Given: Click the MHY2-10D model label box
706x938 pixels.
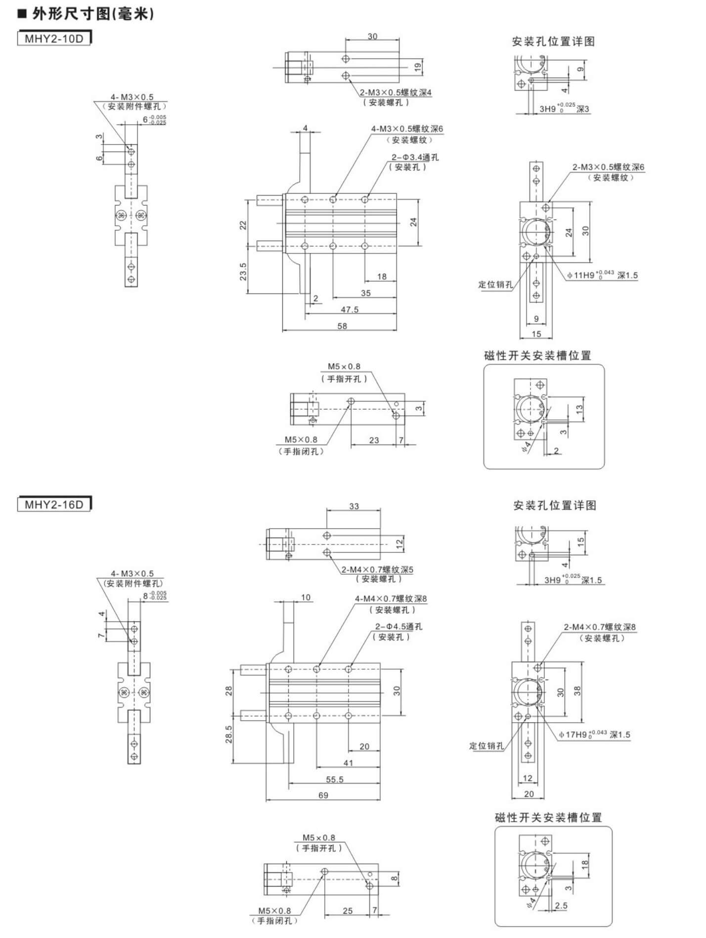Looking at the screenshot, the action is [54, 38].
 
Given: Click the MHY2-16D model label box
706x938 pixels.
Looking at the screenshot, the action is [54, 504].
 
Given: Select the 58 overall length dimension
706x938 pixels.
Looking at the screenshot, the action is [342, 326].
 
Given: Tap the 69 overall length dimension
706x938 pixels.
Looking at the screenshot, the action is [323, 795].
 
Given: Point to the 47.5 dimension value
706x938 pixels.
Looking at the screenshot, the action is [350, 309].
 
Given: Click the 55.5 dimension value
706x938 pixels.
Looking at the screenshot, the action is [335, 780].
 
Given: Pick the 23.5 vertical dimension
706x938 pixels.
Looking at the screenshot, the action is [243, 272].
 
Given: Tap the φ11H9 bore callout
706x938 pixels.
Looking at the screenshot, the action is [602, 275].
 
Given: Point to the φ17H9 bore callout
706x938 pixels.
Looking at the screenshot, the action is [595, 735].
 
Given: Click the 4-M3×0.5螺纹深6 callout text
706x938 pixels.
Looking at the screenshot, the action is [407, 129].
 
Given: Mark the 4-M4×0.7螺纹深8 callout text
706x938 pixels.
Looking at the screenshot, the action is [391, 598].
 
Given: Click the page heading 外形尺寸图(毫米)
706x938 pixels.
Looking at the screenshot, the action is [86, 14].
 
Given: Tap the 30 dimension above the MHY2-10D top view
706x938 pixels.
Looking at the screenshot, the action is [372, 36].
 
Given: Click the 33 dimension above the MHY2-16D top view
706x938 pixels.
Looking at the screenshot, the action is [354, 506].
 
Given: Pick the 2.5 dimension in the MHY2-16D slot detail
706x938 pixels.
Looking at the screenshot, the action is [561, 906].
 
